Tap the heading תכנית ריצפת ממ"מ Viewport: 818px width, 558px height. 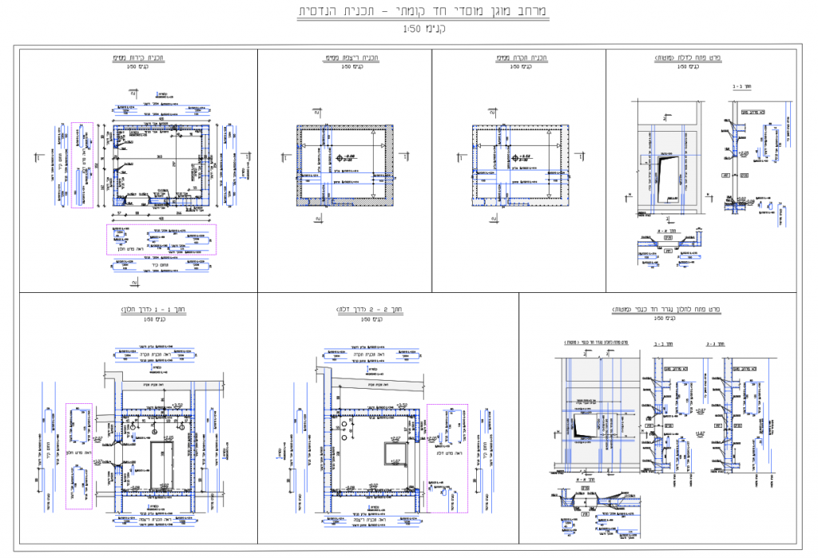pos(344,58)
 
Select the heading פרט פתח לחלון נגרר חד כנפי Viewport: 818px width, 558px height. pos(665,309)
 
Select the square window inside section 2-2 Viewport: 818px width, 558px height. pos(396,452)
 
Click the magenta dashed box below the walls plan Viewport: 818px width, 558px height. pos(162,239)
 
